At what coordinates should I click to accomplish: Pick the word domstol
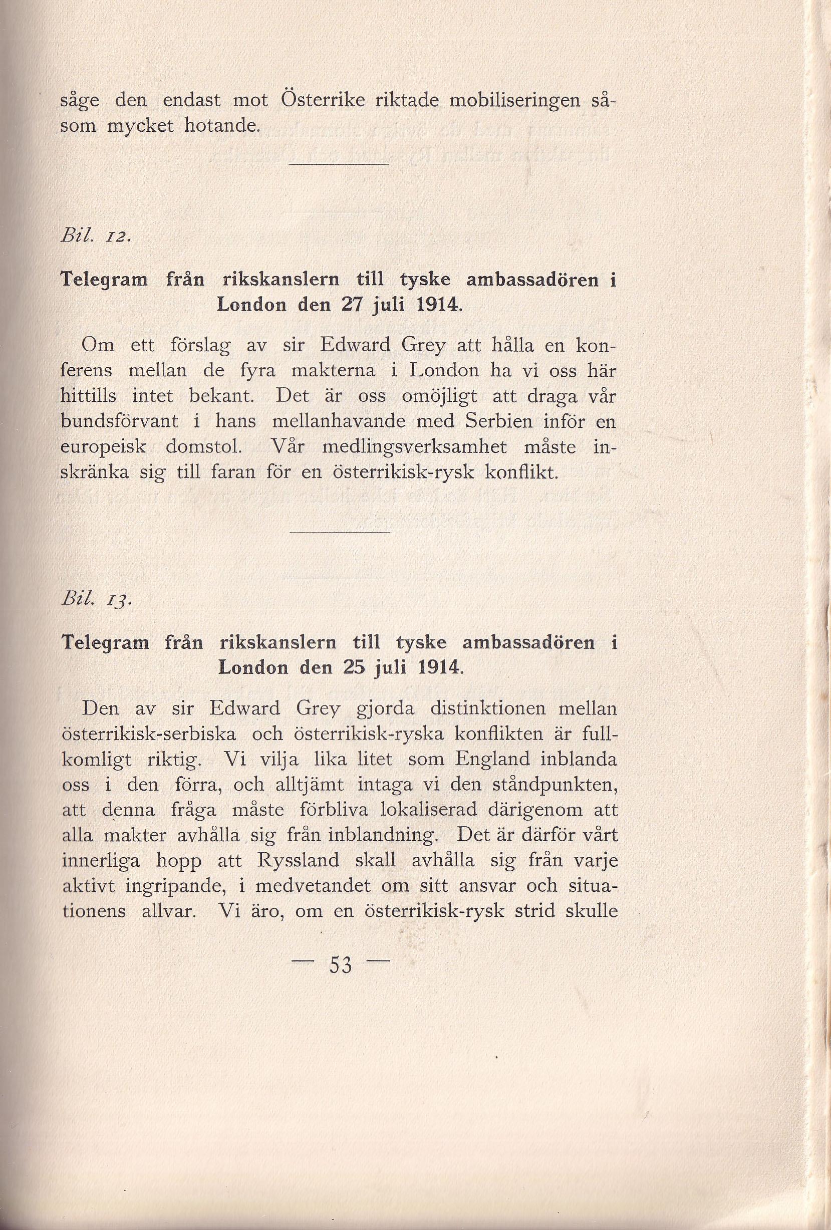(x=204, y=447)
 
